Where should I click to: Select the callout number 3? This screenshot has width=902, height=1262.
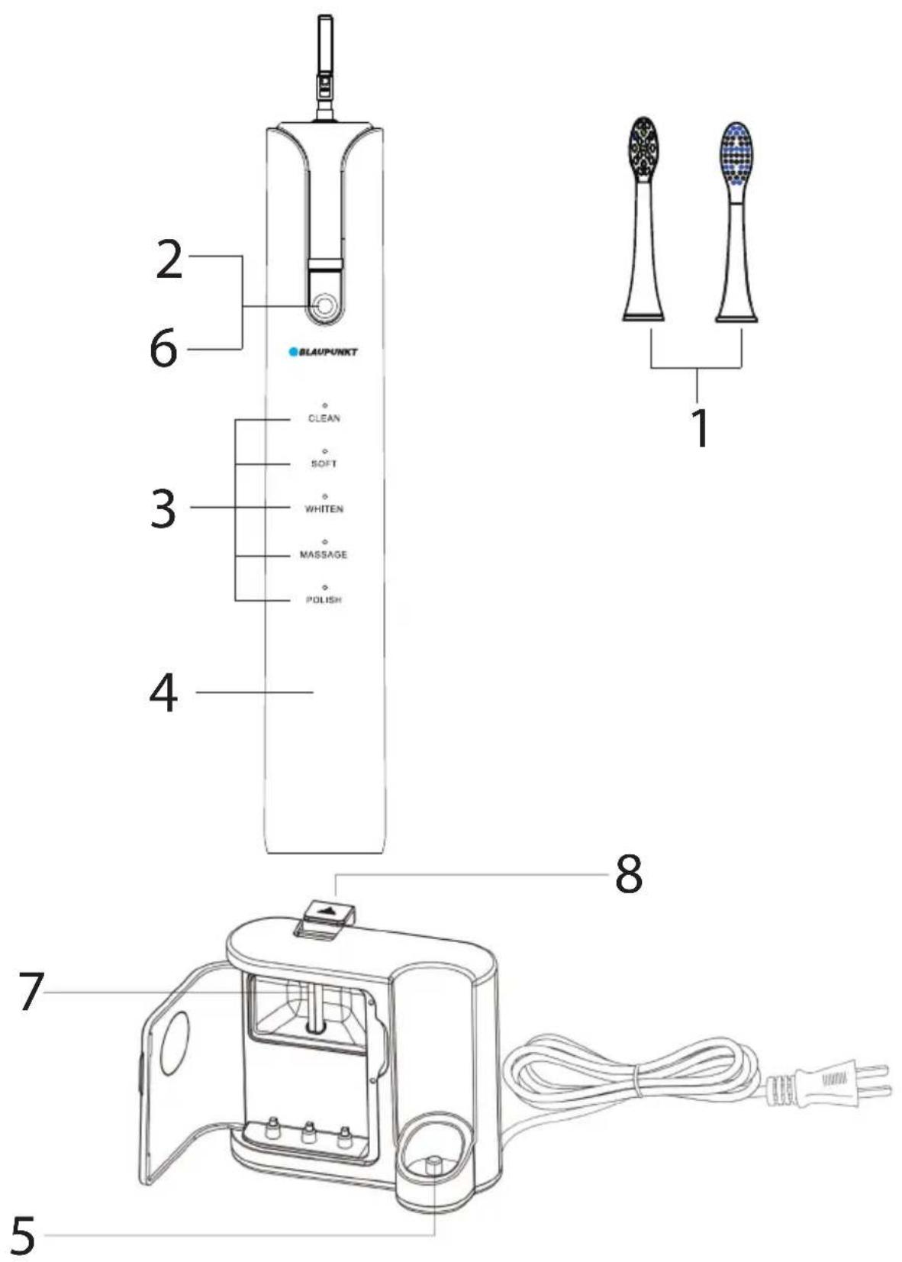tap(163, 508)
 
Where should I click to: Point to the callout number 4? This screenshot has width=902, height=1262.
tap(163, 692)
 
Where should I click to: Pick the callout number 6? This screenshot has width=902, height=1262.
tap(163, 350)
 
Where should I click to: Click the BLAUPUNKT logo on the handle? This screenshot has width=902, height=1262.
tap(323, 352)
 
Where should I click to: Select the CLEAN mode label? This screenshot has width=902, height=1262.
tap(324, 418)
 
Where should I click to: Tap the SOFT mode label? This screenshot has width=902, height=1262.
tap(324, 463)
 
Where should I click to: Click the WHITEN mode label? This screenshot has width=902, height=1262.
tap(324, 508)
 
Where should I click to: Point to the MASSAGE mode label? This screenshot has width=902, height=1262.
tap(324, 554)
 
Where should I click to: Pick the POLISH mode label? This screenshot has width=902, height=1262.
tap(324, 600)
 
